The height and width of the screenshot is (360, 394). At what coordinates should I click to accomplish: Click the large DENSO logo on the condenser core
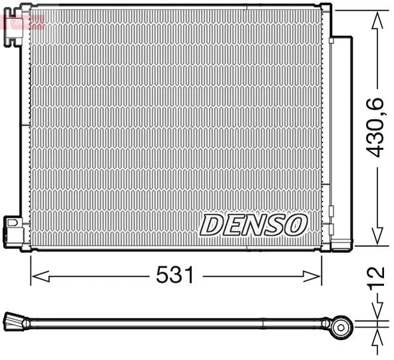[x=253, y=225]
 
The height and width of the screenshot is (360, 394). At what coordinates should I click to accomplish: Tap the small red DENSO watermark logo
[x=23, y=21]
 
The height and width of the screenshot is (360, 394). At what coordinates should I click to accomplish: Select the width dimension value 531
[x=176, y=275]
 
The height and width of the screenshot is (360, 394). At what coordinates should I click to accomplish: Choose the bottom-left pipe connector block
[x=13, y=230]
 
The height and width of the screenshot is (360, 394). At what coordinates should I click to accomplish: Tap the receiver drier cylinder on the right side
[x=342, y=140]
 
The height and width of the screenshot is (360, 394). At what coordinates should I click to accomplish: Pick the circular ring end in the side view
[x=343, y=325]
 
